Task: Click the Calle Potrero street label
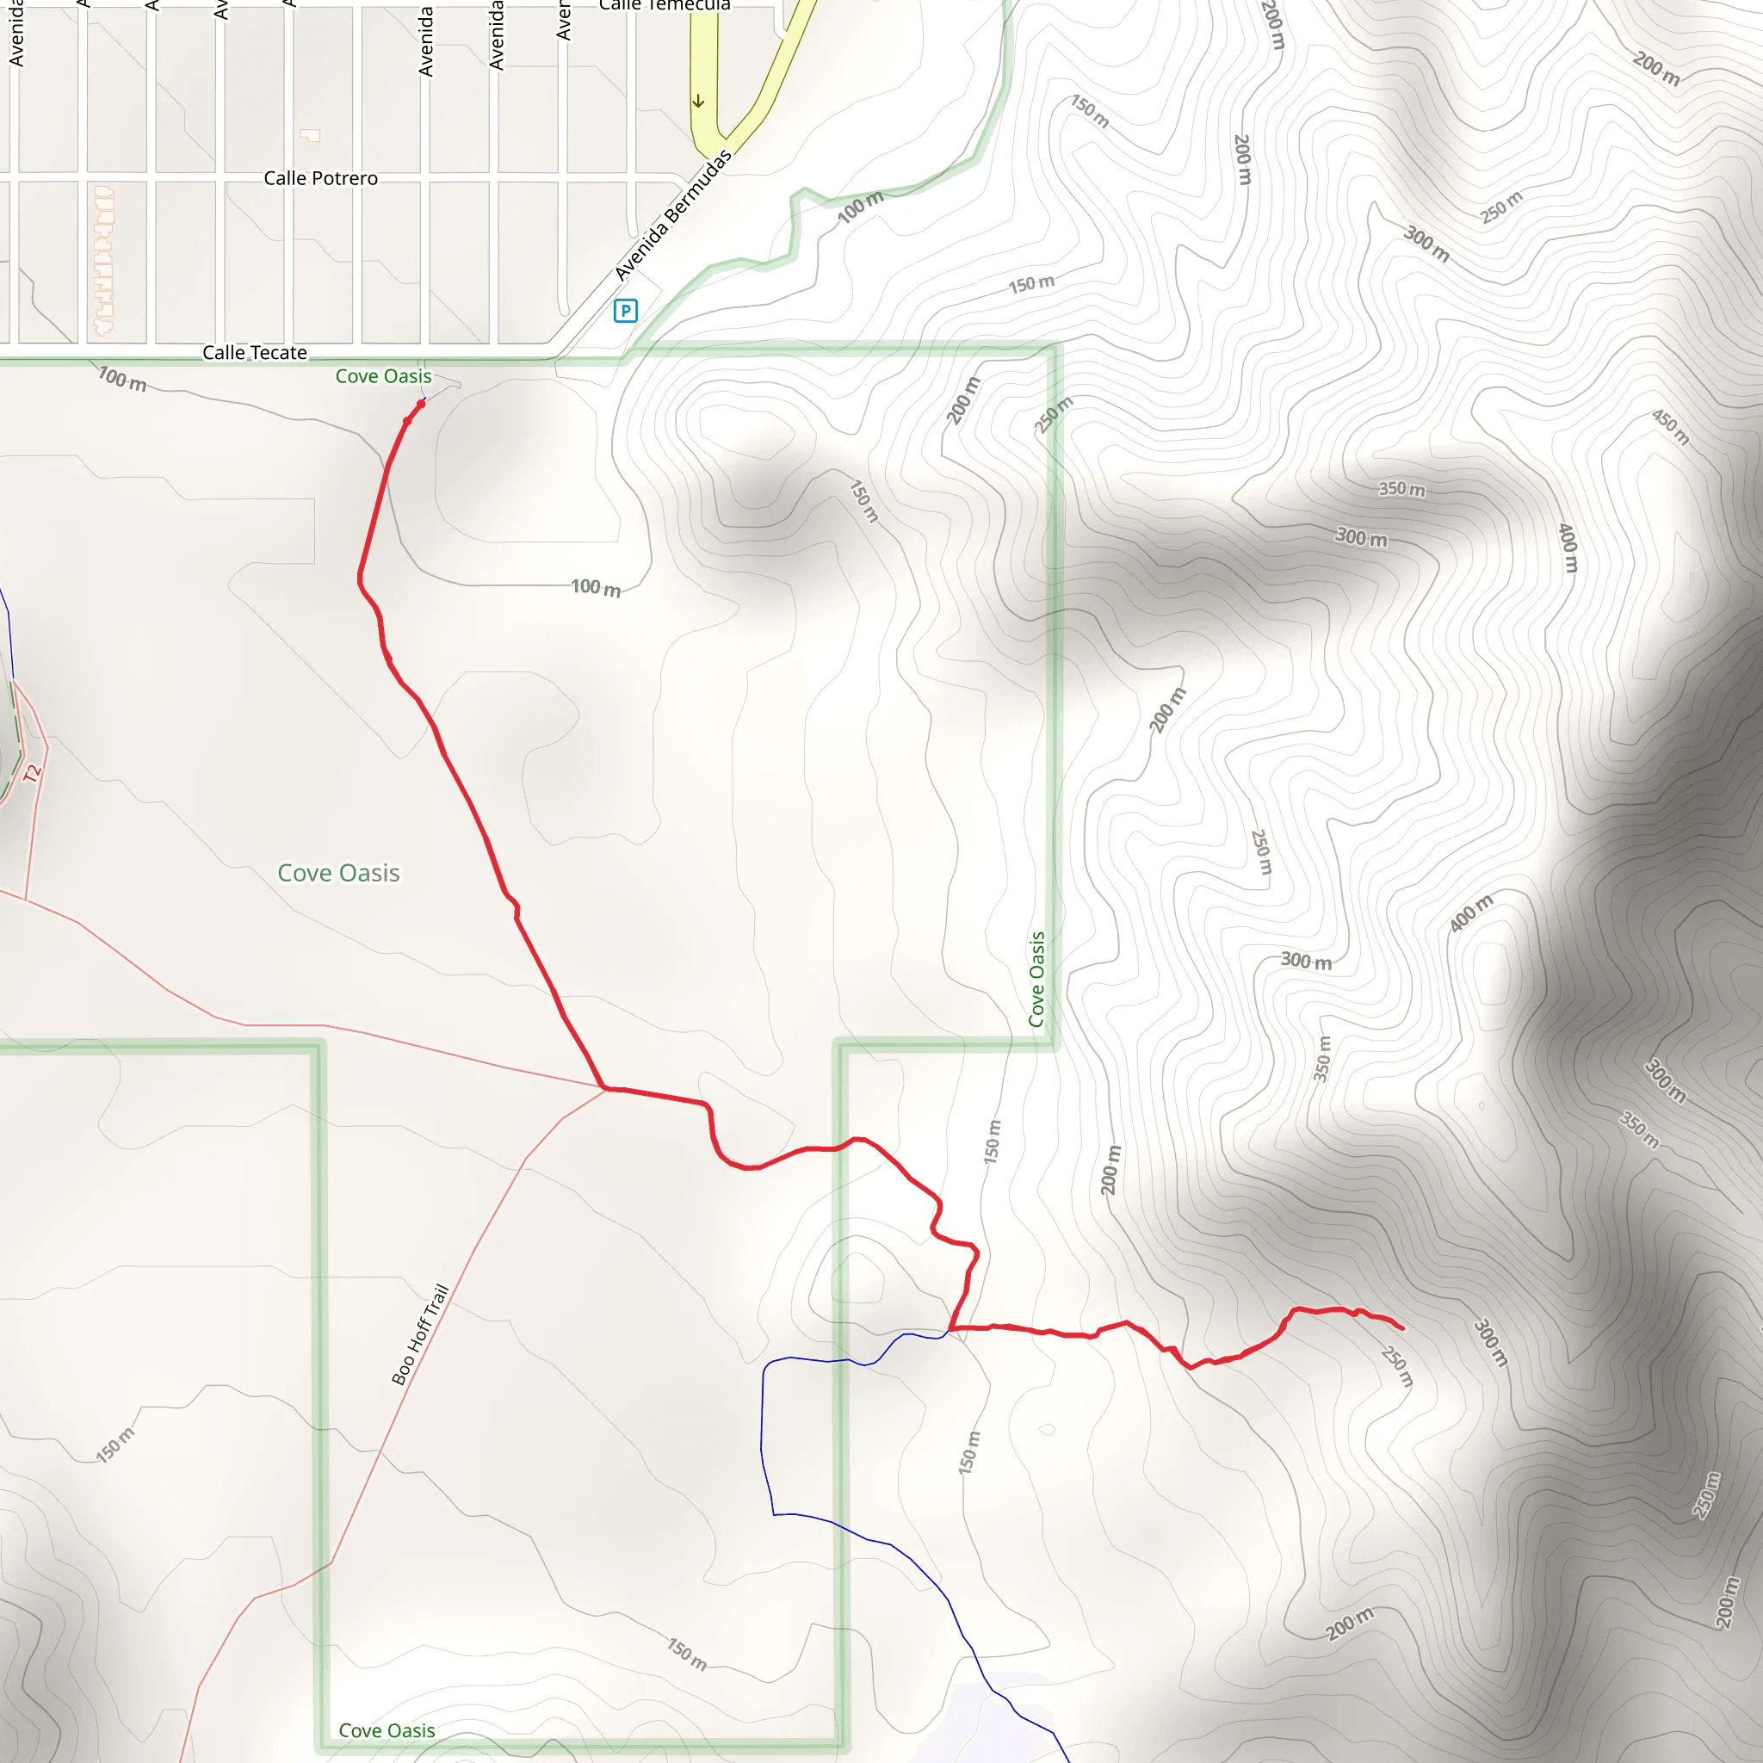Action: coord(320,179)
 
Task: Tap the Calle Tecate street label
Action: coord(255,353)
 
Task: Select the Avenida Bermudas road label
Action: coord(672,215)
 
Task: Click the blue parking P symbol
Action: coord(625,311)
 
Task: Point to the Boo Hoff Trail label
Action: coord(420,1334)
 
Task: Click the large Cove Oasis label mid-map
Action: coord(338,873)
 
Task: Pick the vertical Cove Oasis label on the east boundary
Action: coord(1036,979)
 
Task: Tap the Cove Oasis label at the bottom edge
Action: coord(386,1730)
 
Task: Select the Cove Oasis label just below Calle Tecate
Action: coord(383,376)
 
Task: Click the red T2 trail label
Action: coord(33,773)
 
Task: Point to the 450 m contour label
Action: coord(1671,427)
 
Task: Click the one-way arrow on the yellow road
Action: coord(698,102)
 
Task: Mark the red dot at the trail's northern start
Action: coord(421,404)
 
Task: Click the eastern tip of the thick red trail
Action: coord(1401,1328)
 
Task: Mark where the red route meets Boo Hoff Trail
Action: coord(605,1088)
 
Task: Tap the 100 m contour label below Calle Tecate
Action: coord(122,379)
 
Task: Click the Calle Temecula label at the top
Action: coord(665,4)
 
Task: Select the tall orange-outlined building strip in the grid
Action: coord(104,260)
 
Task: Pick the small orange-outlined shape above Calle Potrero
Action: coord(311,136)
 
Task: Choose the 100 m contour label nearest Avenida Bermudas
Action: coord(861,207)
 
